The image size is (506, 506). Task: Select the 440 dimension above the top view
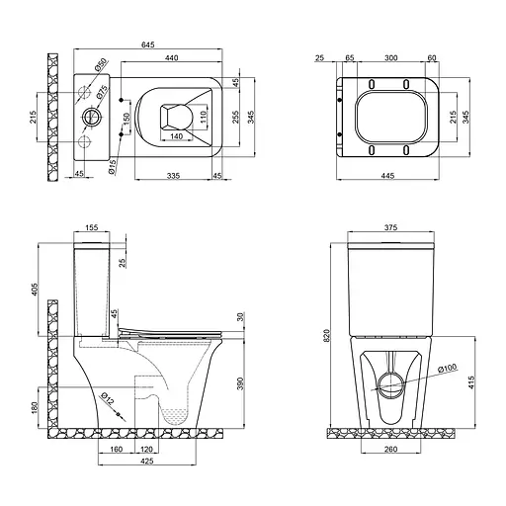pyautogui.click(x=171, y=59)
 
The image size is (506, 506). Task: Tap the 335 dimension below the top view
pyautogui.click(x=173, y=175)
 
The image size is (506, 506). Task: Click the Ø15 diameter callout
pyautogui.click(x=114, y=167)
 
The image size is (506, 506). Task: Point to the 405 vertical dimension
pyautogui.click(x=35, y=289)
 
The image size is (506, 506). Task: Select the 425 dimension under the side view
pyautogui.click(x=145, y=460)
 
